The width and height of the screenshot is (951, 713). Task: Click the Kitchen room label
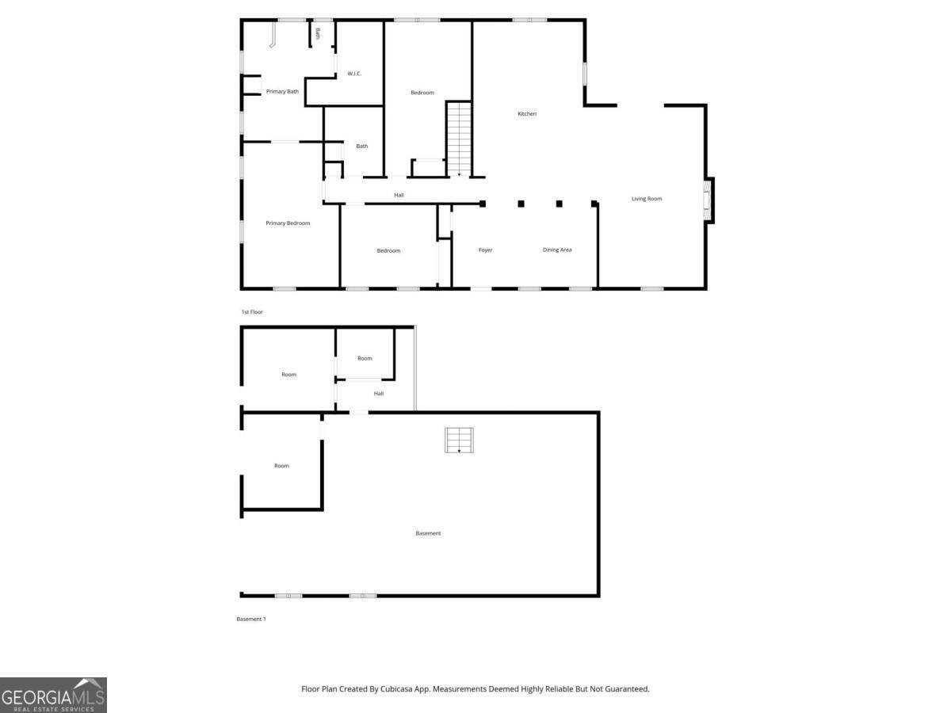[527, 114]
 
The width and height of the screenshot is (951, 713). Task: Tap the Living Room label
[647, 199]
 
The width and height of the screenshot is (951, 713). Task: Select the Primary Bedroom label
[288, 223]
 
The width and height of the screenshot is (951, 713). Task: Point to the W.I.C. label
[354, 74]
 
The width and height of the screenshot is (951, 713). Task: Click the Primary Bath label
[282, 92]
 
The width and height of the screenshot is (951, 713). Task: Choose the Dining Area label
[557, 250]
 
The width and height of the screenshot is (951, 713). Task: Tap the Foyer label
[486, 250]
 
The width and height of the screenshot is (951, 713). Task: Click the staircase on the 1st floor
[459, 139]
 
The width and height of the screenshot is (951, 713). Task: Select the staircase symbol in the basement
[459, 440]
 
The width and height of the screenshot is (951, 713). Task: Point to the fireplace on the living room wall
[708, 200]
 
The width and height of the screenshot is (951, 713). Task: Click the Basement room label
[428, 533]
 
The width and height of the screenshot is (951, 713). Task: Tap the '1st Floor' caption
[252, 312]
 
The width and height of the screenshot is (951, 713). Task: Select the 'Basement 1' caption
[251, 619]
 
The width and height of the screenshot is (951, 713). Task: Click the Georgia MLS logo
[53, 695]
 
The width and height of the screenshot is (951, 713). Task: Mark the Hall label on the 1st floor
[399, 195]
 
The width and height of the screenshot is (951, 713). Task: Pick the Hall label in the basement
[379, 394]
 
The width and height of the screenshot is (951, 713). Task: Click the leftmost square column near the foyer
[483, 204]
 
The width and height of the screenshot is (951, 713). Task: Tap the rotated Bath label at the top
[318, 33]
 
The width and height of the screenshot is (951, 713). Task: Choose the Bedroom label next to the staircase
[422, 93]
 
